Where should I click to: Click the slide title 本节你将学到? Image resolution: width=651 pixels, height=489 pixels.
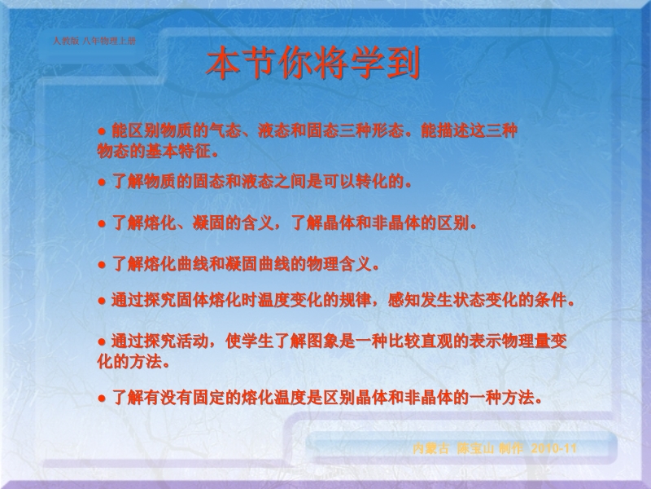click(313, 63)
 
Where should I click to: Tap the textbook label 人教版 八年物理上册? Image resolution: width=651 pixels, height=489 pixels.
click(94, 41)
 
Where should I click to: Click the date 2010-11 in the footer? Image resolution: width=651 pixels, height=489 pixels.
click(554, 448)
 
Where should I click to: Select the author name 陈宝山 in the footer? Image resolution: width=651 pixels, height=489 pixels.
click(475, 448)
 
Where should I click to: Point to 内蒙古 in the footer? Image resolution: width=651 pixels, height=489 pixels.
click(431, 448)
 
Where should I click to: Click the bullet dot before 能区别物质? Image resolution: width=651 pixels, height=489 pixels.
click(103, 132)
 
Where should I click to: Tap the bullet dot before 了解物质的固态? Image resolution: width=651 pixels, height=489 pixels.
click(103, 183)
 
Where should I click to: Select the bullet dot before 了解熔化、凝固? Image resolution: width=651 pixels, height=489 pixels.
click(103, 224)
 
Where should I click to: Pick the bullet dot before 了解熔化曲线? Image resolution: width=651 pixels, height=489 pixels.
click(103, 264)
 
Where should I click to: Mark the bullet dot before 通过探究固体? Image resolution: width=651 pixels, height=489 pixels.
click(103, 301)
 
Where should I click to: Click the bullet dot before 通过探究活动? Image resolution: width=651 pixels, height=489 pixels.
click(103, 342)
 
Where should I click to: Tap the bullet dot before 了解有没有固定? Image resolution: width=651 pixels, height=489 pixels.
click(103, 399)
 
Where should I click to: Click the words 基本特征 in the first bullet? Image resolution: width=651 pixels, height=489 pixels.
click(178, 152)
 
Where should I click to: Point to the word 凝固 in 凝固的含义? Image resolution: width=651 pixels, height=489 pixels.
click(209, 223)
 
